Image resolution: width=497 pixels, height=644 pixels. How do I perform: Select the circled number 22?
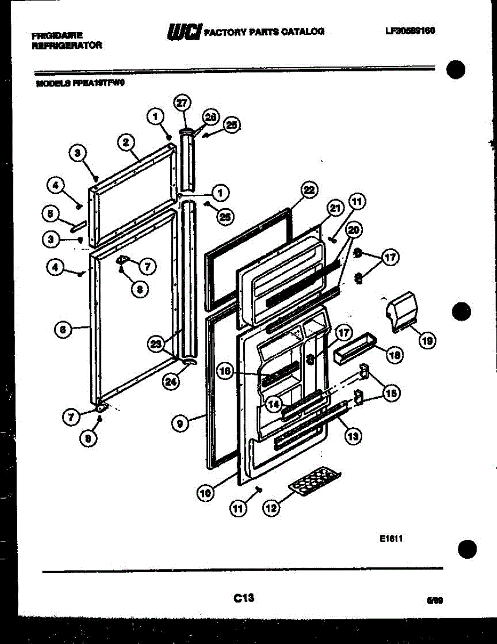[309, 189]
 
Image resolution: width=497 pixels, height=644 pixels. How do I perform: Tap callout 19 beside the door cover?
[427, 339]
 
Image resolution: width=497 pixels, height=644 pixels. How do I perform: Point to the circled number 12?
[272, 508]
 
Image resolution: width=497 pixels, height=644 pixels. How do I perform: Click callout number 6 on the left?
[63, 331]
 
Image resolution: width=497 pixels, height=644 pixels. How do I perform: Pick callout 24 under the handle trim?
[170, 382]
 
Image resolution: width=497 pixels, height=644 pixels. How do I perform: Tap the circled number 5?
[50, 214]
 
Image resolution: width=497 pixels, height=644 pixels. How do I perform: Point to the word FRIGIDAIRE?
[57, 36]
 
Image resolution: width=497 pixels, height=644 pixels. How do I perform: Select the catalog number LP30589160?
[409, 31]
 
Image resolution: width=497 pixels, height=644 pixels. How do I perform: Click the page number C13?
[244, 597]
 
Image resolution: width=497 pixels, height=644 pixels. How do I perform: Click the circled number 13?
[352, 436]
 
